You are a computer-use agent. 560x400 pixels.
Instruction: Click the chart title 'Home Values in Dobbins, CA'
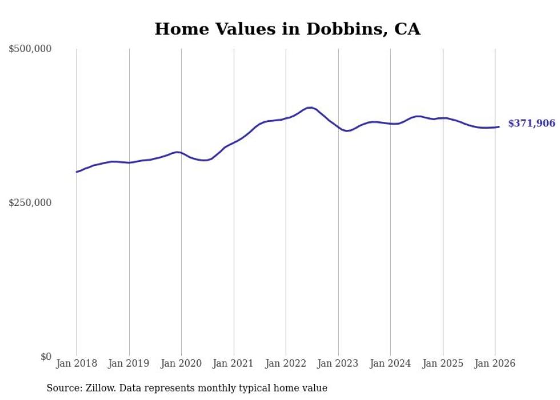287,29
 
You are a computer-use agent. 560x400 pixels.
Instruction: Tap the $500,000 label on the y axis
30,49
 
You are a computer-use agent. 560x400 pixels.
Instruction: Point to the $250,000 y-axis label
30,203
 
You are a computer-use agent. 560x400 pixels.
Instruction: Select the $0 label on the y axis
46,357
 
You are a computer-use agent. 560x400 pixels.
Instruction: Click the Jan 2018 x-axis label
77,363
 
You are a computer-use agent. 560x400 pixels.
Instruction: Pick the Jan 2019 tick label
129,363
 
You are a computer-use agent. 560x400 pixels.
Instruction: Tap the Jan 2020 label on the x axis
181,363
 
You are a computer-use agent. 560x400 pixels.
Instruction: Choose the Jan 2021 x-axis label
234,363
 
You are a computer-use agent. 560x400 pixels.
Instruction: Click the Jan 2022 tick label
286,363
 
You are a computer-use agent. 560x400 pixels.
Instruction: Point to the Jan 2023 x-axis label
338,363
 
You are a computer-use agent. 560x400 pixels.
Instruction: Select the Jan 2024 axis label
390,363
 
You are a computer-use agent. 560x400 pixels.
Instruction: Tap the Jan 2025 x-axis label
443,363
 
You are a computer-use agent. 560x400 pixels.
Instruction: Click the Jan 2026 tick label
495,363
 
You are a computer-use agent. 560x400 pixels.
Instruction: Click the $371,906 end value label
531,124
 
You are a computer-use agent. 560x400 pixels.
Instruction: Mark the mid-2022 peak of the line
309,108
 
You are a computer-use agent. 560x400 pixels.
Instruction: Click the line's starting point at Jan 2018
77,172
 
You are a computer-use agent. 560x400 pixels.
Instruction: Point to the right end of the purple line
499,127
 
